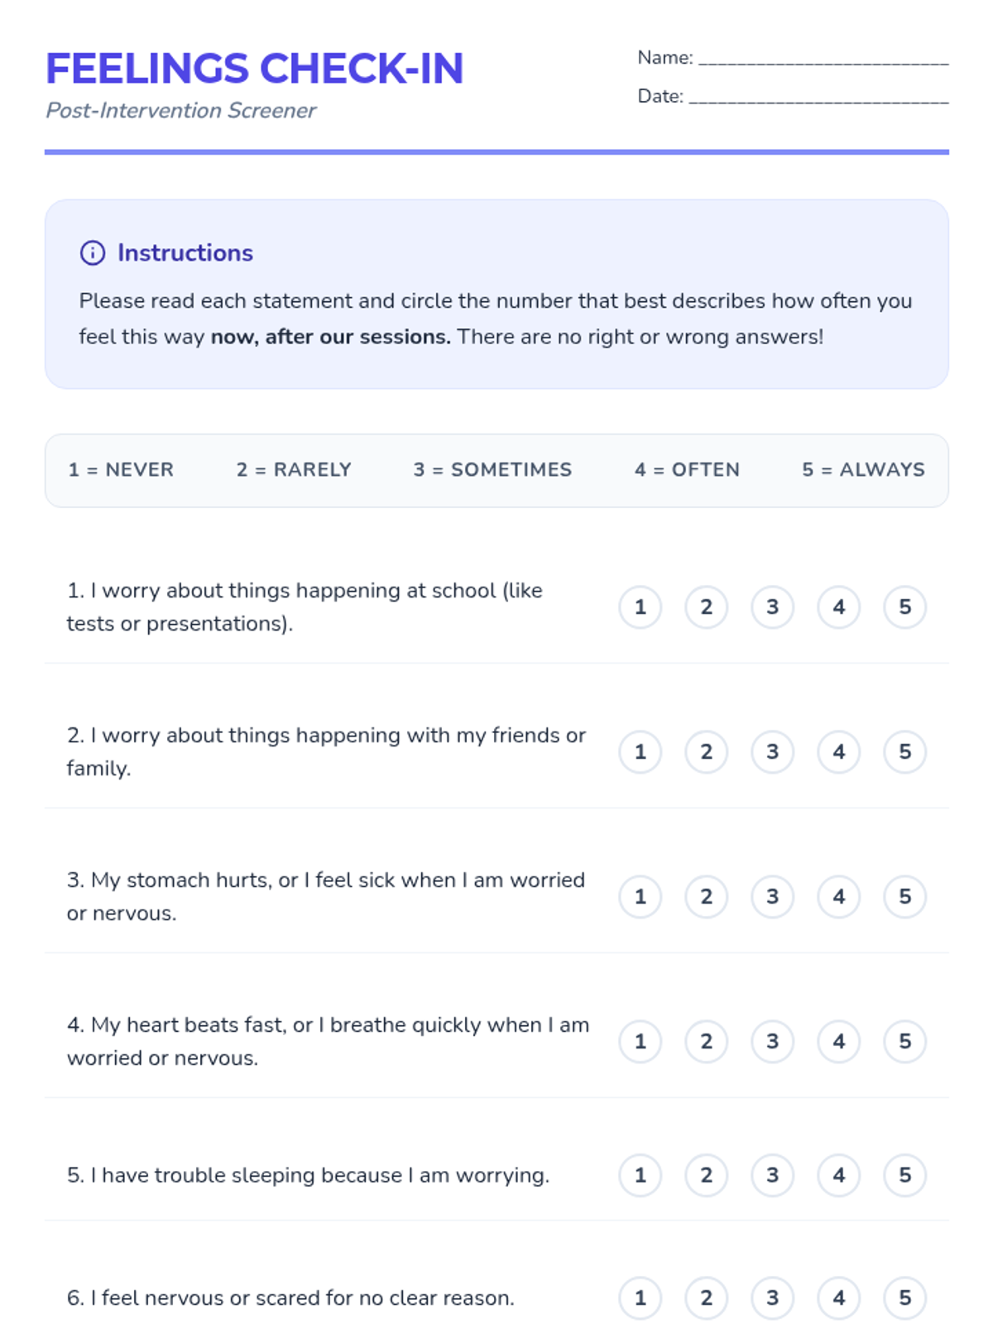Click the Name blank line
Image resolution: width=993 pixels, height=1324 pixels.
(x=823, y=60)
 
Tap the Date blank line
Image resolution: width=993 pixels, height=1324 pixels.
(x=818, y=98)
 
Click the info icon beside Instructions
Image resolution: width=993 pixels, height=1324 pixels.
(x=93, y=253)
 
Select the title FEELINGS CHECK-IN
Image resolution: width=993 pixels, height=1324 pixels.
(x=254, y=69)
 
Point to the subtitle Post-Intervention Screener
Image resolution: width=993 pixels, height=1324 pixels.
(x=180, y=111)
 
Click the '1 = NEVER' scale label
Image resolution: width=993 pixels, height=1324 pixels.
(x=121, y=470)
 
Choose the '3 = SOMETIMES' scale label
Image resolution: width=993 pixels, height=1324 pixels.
(x=492, y=470)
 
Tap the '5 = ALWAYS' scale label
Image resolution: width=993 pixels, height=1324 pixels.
(x=863, y=470)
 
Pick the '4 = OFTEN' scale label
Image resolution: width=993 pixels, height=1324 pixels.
(x=687, y=470)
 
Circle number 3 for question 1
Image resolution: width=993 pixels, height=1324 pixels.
(x=772, y=607)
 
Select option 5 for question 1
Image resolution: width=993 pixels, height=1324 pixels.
(x=904, y=607)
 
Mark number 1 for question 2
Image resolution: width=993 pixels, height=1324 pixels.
(x=640, y=752)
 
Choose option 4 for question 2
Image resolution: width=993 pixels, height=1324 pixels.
(x=838, y=752)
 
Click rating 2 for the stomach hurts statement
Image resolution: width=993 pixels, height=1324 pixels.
(x=706, y=897)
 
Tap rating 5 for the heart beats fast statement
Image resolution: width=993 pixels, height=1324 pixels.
(x=904, y=1042)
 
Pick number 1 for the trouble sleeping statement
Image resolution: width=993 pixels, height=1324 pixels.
(x=640, y=1176)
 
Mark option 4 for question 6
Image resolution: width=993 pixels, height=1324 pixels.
(x=838, y=1298)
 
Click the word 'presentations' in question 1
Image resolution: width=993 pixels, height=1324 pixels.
(x=218, y=624)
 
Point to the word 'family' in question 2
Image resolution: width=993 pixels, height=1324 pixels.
(x=97, y=769)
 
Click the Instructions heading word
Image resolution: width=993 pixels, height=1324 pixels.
(x=185, y=253)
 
